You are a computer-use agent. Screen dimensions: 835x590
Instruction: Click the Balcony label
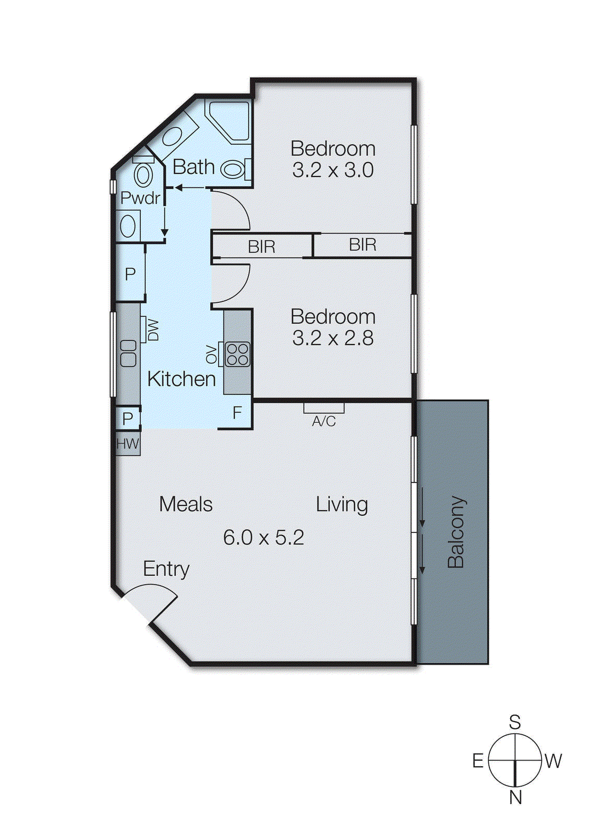[x=456, y=532]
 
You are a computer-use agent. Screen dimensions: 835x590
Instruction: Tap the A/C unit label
[x=324, y=421]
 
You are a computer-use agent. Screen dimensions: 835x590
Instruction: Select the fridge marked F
[x=237, y=413]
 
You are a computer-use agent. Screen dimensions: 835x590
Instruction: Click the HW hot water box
[x=128, y=444]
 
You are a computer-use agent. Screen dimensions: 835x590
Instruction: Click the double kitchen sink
[x=128, y=353]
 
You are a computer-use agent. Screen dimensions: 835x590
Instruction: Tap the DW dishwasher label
[x=152, y=330]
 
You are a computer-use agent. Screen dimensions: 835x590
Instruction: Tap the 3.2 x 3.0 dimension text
[x=333, y=170]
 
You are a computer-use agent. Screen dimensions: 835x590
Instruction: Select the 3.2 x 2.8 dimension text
[x=333, y=338]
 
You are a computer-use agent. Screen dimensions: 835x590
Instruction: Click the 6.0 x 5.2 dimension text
[x=263, y=538]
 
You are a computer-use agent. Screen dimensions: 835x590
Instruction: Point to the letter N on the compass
[x=515, y=797]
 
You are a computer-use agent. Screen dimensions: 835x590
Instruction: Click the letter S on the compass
[x=515, y=722]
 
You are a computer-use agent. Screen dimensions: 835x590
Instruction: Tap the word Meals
[x=186, y=504]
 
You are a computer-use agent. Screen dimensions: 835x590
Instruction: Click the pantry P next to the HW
[x=128, y=418]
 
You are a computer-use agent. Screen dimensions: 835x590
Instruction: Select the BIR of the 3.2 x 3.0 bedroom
[x=363, y=245]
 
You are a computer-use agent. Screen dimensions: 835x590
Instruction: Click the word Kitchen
[x=182, y=379]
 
